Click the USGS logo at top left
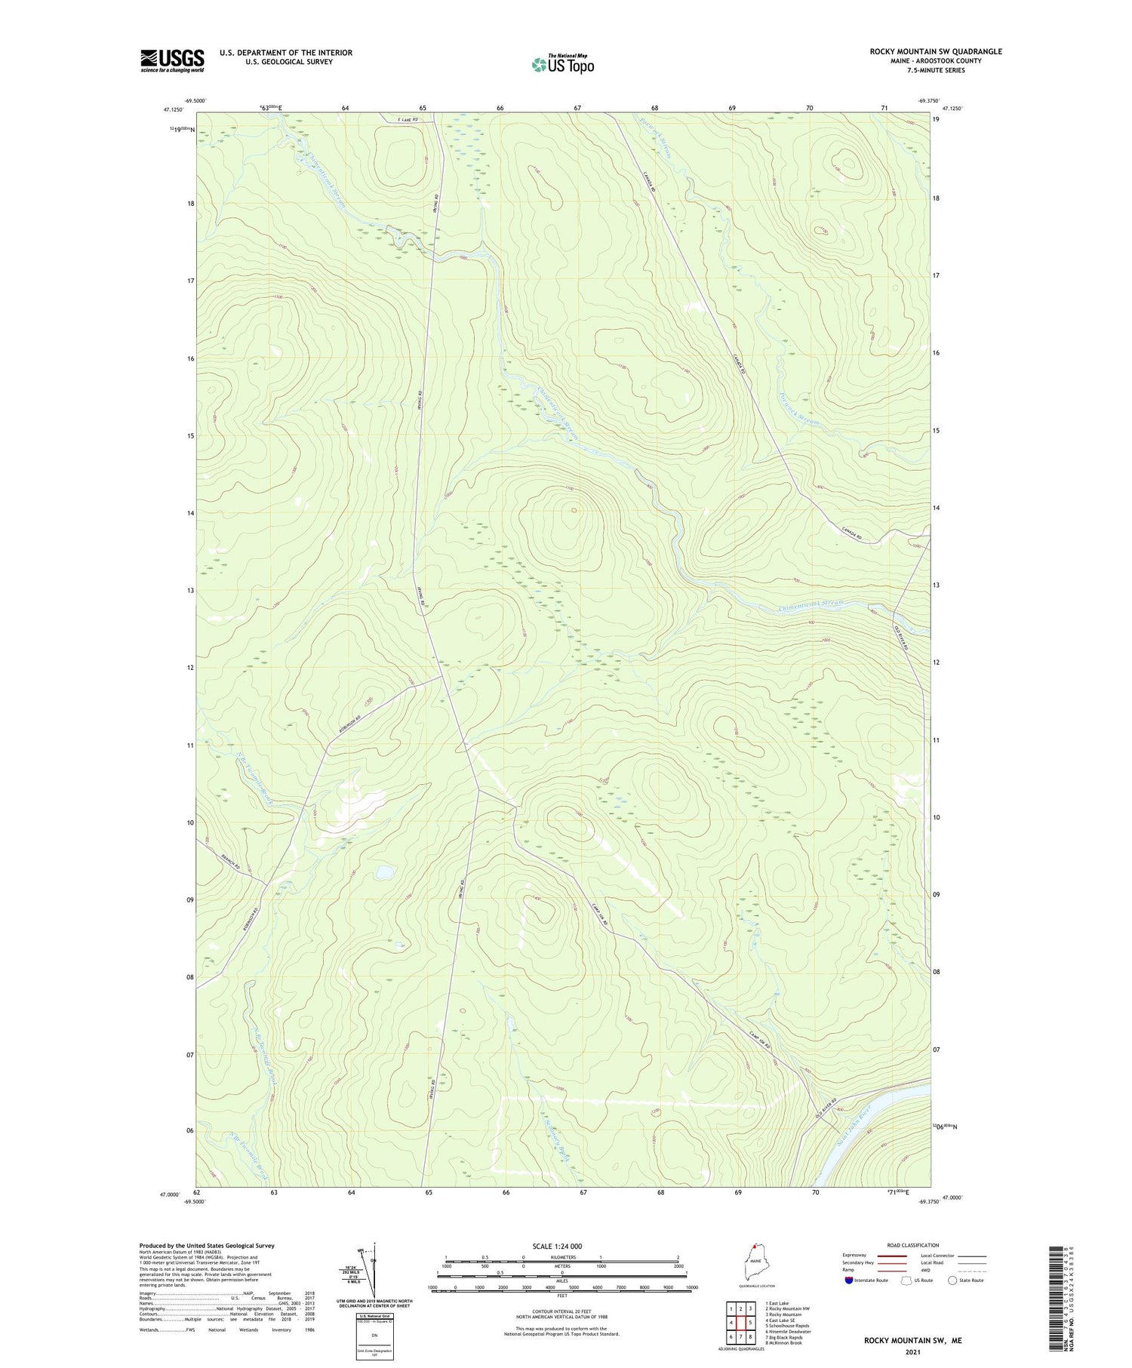pos(172,60)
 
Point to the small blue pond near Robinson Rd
pos(383,872)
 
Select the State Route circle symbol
pos(952,1280)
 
